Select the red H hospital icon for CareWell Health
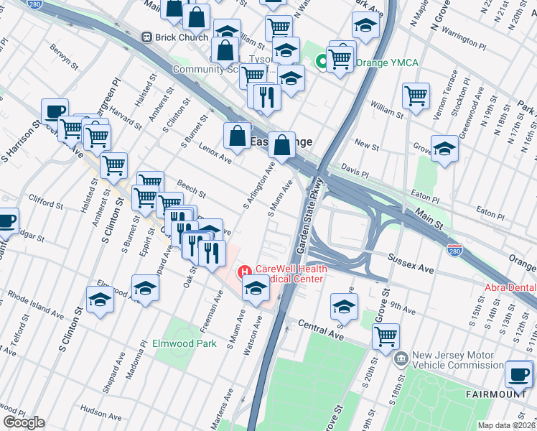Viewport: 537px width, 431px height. [244, 271]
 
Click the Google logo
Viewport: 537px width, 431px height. [24, 422]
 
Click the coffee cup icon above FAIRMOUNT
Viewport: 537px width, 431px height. [519, 373]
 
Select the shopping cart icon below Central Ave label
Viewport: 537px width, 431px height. [386, 335]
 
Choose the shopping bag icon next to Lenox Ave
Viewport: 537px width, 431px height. [237, 134]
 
